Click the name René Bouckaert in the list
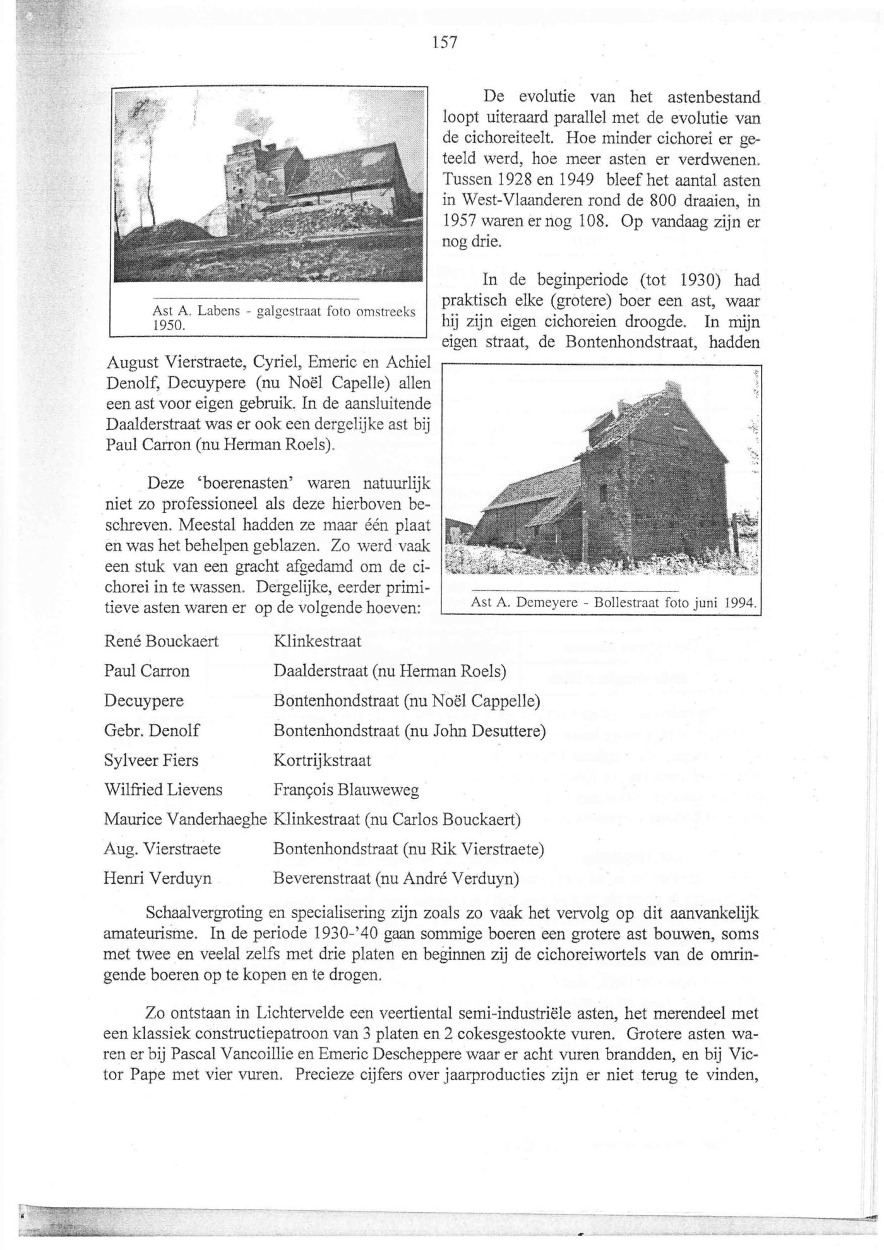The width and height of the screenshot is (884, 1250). [161, 641]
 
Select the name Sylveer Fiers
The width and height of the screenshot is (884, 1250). [151, 760]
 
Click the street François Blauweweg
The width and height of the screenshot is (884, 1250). [346, 790]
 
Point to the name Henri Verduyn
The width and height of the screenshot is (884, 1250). [157, 878]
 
